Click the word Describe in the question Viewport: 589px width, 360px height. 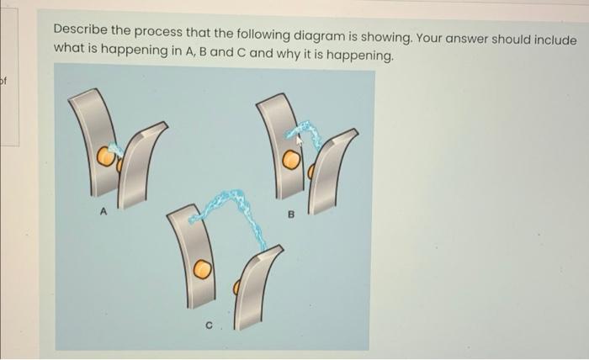click(80, 29)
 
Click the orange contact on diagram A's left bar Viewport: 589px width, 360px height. click(106, 156)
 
